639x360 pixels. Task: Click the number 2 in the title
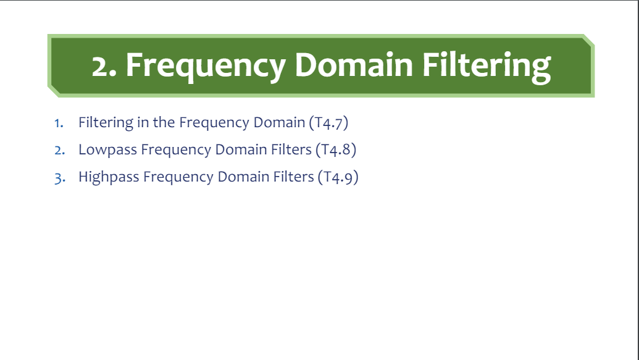click(x=102, y=65)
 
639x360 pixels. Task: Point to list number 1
click(x=59, y=122)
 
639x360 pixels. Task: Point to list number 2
click(x=59, y=150)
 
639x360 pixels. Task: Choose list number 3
click(x=59, y=178)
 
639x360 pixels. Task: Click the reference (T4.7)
click(x=328, y=122)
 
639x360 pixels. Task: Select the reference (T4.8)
click(x=336, y=149)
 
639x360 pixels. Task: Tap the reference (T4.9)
click(x=338, y=177)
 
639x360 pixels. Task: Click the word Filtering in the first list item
click(x=106, y=122)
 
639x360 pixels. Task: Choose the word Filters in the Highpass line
click(x=293, y=177)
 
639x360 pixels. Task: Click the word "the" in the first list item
click(x=164, y=122)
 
